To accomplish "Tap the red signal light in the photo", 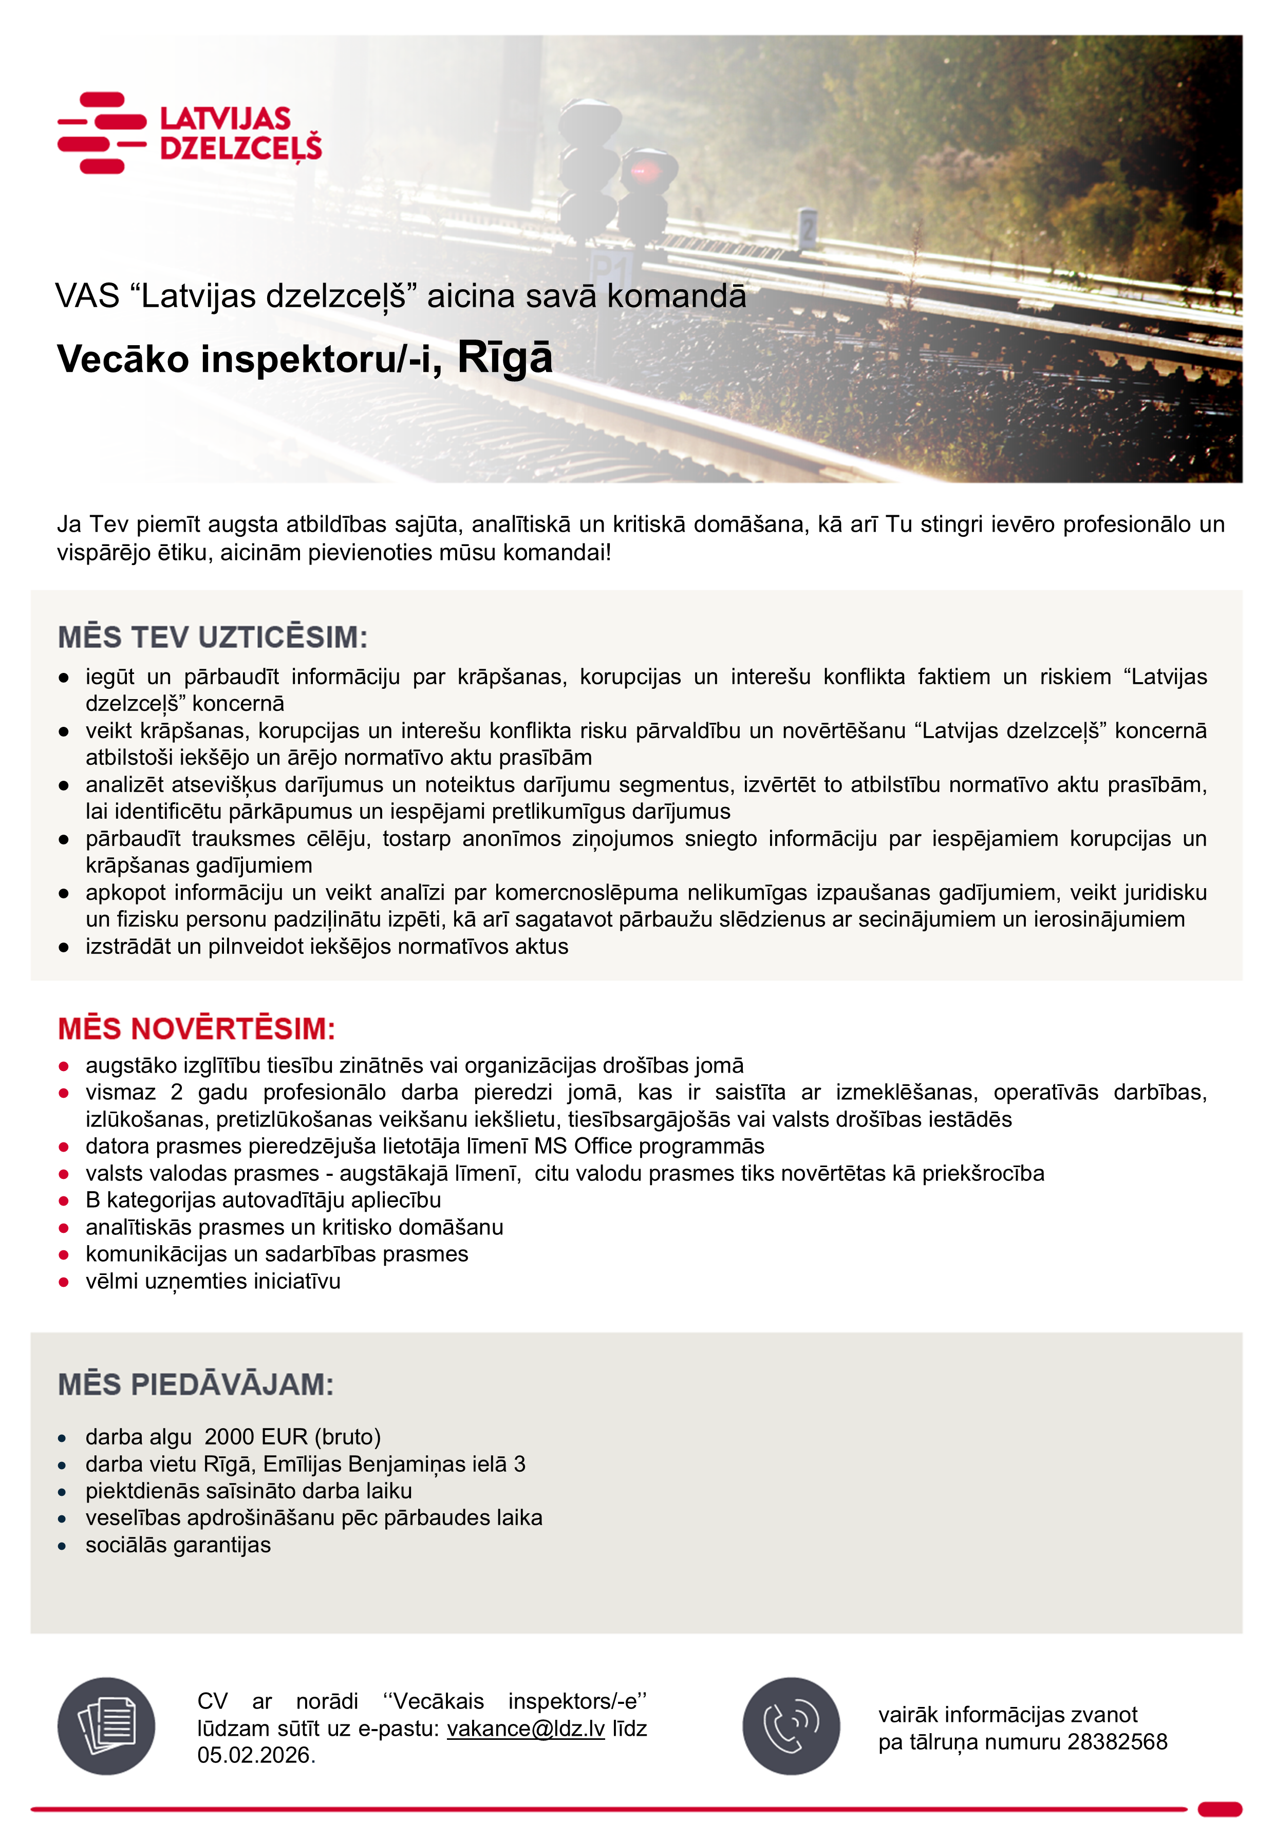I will tap(640, 170).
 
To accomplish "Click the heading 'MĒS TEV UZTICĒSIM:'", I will tap(213, 637).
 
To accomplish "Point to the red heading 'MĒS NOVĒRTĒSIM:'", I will tap(197, 1029).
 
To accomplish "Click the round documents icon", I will tap(106, 1726).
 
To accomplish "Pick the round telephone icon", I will tap(791, 1726).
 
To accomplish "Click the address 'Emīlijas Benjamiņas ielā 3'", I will tap(394, 1464).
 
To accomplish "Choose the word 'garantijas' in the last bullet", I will tap(224, 1545).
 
